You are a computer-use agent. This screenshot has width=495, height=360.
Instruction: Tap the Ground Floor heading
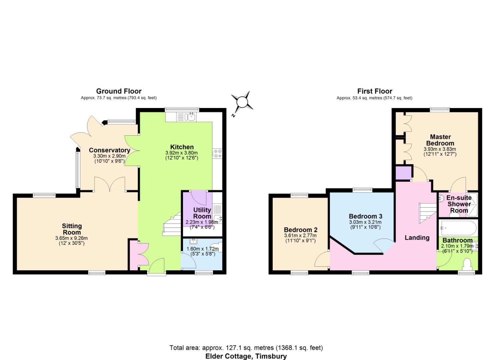tap(119, 91)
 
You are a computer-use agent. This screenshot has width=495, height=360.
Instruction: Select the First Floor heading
tap(375, 91)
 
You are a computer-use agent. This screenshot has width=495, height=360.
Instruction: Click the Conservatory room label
tap(110, 150)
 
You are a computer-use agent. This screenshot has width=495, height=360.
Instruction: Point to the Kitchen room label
tap(182, 147)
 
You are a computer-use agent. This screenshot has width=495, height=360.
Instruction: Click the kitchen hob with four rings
tap(217, 154)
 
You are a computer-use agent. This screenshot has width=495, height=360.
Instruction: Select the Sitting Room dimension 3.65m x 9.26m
tap(71, 238)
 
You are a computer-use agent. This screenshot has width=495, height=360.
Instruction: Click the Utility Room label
tap(202, 213)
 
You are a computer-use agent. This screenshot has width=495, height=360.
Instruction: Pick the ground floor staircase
tap(172, 224)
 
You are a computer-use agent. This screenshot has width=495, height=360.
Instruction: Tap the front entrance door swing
tap(157, 265)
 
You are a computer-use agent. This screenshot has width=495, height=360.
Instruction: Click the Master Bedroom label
tap(440, 140)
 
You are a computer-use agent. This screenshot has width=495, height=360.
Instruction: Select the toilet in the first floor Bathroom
tap(467, 264)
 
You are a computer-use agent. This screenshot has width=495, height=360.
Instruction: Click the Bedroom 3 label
tap(366, 216)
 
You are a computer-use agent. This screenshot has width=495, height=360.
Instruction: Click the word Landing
tap(417, 238)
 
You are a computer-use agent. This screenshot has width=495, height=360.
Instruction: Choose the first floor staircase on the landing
tap(428, 213)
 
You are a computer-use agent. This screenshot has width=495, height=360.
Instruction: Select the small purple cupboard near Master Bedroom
tap(403, 173)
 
